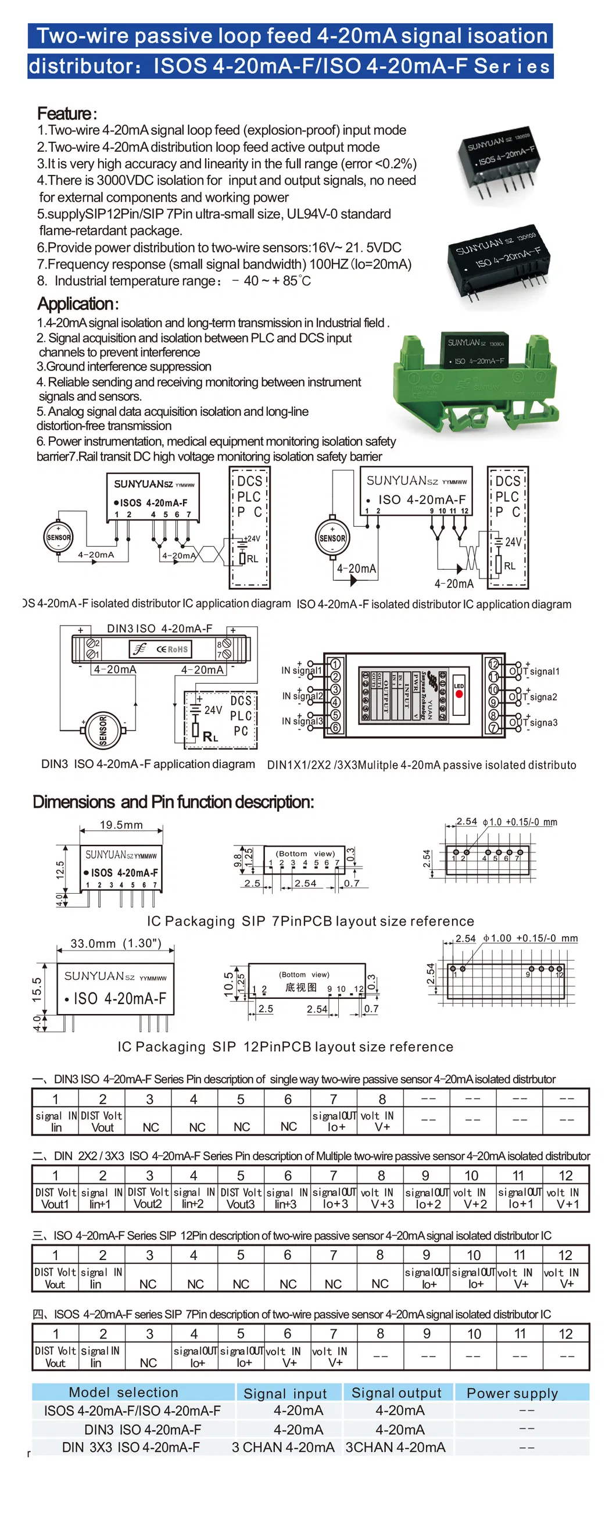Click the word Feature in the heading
[x=64, y=113]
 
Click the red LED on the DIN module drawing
[x=459, y=694]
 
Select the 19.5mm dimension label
[x=121, y=824]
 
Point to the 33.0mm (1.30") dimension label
[x=116, y=944]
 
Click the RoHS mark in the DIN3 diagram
[x=177, y=649]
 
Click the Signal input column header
[x=285, y=1393]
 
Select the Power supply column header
[x=512, y=1393]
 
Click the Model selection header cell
[x=124, y=1392]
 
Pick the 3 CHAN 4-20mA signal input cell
[x=283, y=1447]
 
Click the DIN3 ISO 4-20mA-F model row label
[x=143, y=1429]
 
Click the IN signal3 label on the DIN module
[x=302, y=721]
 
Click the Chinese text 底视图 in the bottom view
[x=300, y=987]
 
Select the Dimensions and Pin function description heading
[x=174, y=801]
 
